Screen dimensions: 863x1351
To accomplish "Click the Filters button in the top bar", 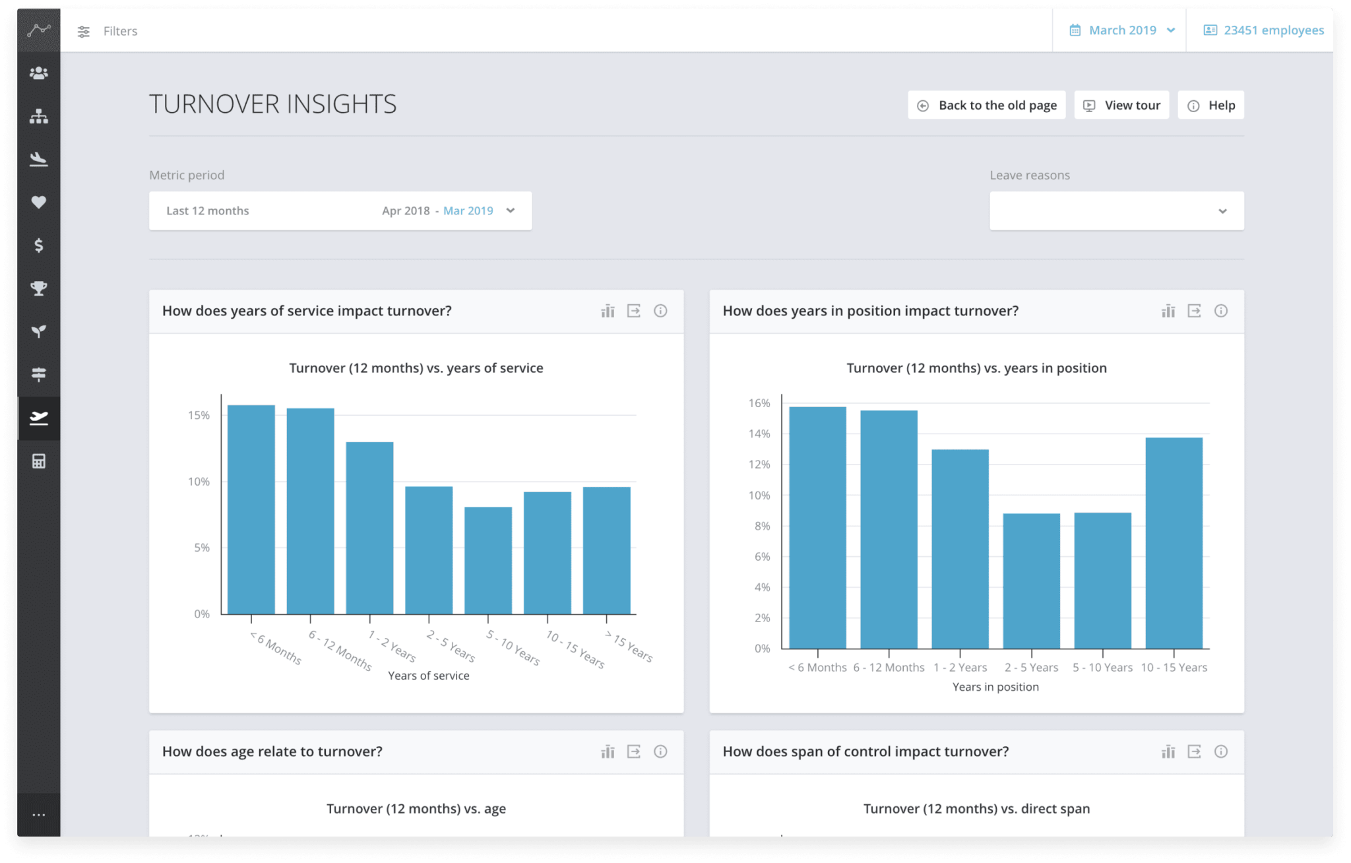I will pos(108,31).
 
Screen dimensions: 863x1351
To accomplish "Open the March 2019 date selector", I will pos(1122,30).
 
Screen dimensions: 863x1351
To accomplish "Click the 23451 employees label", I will pos(1263,30).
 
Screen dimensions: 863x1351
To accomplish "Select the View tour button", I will pos(1121,106).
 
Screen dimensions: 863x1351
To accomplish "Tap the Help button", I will pos(1211,106).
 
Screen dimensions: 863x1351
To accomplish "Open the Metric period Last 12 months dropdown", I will pos(340,211).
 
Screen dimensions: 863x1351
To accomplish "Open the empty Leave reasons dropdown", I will pos(1117,211).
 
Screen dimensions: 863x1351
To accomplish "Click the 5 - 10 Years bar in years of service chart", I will pos(488,560).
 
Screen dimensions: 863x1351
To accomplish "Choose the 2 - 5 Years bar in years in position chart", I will pos(1032,581).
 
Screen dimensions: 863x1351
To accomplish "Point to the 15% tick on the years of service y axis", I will pos(199,416).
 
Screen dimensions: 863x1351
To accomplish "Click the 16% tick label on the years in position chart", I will pos(759,403).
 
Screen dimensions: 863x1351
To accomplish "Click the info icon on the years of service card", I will pos(660,311).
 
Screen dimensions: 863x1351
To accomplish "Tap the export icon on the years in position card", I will pos(1195,311).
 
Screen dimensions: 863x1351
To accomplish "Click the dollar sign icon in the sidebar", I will pos(39,245).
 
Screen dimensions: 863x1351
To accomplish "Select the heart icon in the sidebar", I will pos(39,203).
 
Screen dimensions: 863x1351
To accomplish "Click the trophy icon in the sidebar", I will pos(39,288).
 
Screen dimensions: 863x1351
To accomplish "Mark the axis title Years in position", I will pos(995,687).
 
